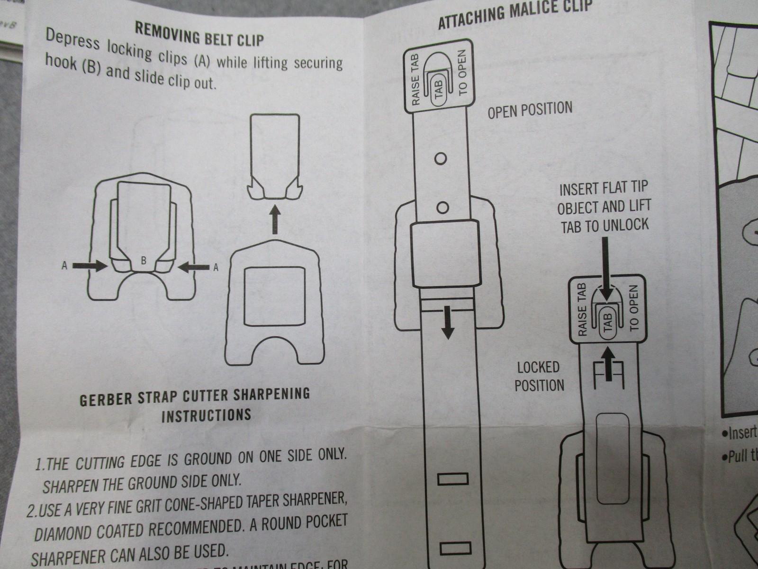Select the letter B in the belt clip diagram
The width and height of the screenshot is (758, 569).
[x=143, y=260]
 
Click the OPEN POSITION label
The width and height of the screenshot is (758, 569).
[x=530, y=110]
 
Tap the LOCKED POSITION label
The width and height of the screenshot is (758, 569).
[x=539, y=376]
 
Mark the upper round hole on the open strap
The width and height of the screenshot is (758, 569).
[x=441, y=158]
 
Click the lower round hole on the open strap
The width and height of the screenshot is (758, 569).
[x=441, y=207]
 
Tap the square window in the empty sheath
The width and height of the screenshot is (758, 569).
[x=272, y=297]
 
